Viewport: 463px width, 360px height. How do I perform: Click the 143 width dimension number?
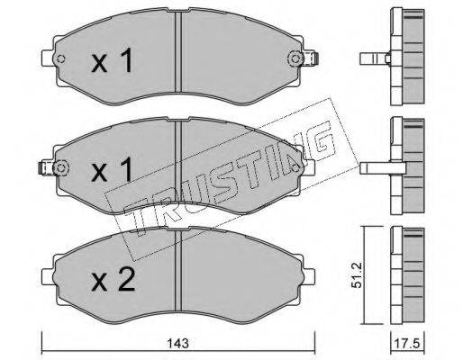178,343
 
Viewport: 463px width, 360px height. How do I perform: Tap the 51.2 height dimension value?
358,274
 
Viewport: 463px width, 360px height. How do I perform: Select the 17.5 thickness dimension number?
408,344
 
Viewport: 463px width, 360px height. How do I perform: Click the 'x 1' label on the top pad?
112,60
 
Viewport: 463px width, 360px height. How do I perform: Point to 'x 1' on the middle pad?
112,169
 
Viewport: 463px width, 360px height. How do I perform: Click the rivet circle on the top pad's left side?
60,58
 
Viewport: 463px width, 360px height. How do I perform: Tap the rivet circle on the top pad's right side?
295,58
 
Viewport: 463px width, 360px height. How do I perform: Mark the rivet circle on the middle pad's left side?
60,167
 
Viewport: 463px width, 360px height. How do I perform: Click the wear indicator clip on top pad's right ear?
311,58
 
